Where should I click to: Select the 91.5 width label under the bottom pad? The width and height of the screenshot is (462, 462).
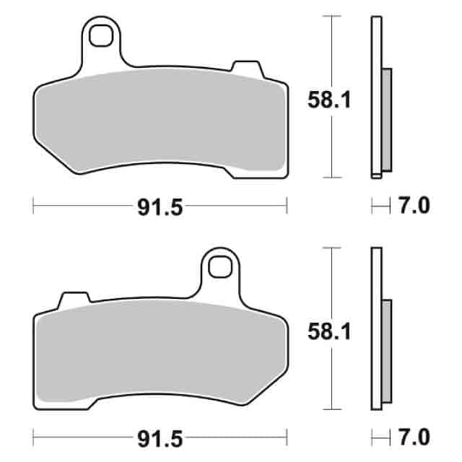[160, 438]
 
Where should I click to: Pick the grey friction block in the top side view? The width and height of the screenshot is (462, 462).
[386, 119]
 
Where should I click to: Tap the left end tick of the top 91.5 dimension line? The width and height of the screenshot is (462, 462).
[34, 207]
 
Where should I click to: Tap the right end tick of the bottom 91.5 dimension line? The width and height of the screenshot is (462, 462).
[287, 438]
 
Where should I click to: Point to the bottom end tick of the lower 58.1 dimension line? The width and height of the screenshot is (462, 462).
[331, 408]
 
